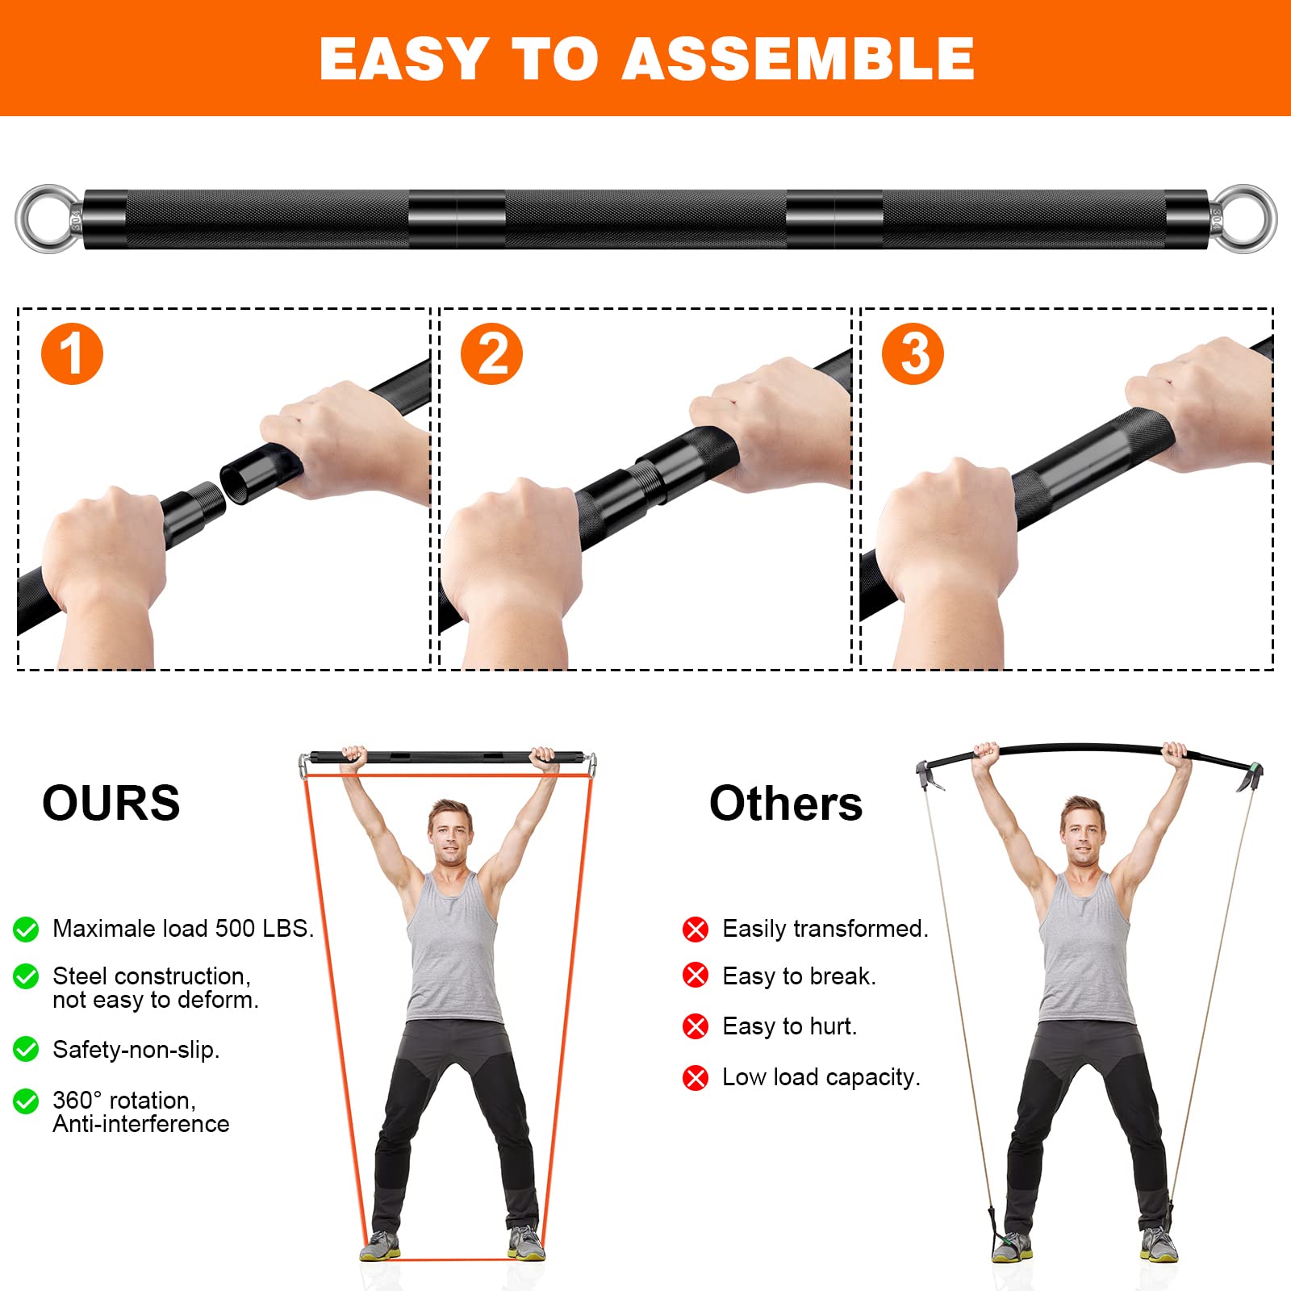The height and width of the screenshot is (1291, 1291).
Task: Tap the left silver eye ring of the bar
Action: click(48, 219)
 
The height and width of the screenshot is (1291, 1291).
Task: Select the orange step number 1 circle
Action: click(72, 353)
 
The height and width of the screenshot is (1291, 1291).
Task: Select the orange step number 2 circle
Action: click(491, 353)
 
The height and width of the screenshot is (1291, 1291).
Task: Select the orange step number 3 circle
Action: click(913, 353)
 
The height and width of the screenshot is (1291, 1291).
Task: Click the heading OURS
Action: click(111, 803)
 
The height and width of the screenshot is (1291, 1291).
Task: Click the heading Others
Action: click(785, 804)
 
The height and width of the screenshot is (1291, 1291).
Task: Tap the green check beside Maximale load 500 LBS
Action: click(26, 930)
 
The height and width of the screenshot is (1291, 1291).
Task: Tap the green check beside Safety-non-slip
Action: click(26, 1049)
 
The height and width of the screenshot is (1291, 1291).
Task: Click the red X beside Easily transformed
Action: click(695, 930)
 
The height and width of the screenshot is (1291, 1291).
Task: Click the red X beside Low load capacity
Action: click(695, 1077)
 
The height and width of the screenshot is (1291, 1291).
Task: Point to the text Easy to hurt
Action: click(789, 1026)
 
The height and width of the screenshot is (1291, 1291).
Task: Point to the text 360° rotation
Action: click(123, 1100)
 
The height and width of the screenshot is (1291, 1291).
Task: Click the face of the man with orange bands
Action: click(449, 835)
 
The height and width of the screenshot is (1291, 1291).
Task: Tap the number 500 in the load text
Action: click(235, 929)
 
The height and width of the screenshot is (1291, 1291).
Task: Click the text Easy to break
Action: click(799, 976)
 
